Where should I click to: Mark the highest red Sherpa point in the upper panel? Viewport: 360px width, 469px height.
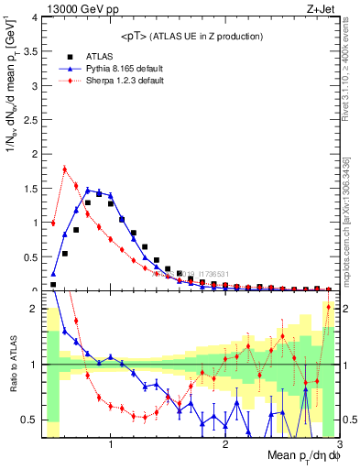coord(65,168)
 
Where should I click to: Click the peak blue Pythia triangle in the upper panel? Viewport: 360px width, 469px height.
coord(88,190)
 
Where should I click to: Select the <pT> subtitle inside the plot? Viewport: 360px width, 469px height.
coord(191,36)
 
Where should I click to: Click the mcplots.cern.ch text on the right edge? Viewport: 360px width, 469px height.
coord(351,229)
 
